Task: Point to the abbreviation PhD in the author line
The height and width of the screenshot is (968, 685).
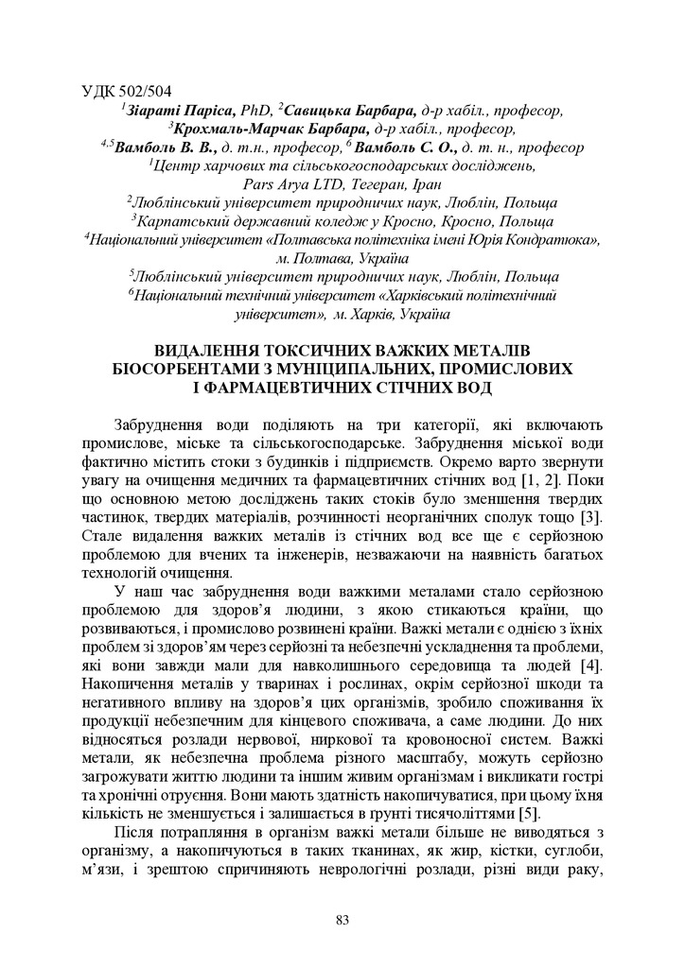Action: click(256, 111)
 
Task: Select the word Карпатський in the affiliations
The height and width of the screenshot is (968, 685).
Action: click(181, 221)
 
